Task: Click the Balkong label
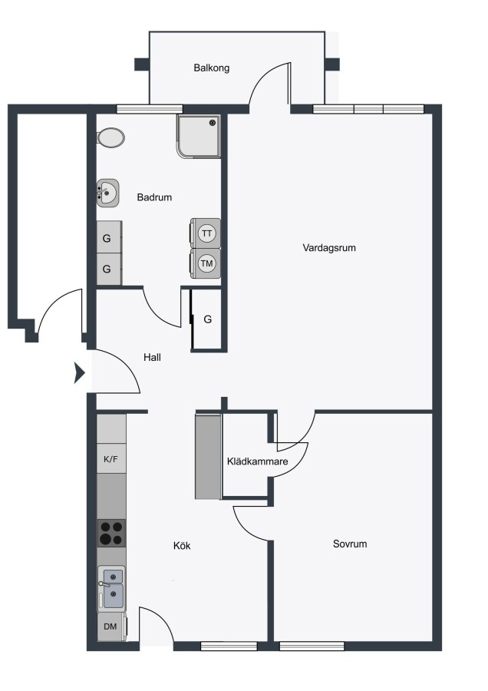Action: (x=212, y=68)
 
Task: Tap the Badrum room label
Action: (x=154, y=197)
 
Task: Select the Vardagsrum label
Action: (x=329, y=248)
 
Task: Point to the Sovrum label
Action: (x=350, y=544)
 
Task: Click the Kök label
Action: (x=182, y=546)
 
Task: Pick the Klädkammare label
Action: (x=258, y=461)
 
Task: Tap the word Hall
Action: (x=152, y=357)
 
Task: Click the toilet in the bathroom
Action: (x=110, y=138)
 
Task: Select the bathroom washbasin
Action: (x=108, y=193)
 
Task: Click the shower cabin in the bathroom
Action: (x=199, y=136)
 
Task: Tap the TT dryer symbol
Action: (x=206, y=233)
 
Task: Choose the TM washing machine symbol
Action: (x=206, y=263)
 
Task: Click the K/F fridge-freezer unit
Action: (x=111, y=459)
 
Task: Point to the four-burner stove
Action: (x=111, y=534)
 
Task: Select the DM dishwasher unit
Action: (x=111, y=627)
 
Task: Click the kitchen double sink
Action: (x=111, y=588)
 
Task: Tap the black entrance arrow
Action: (x=79, y=373)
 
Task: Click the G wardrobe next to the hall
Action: (x=208, y=319)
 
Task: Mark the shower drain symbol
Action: (x=213, y=122)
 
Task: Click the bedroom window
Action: (x=312, y=646)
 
